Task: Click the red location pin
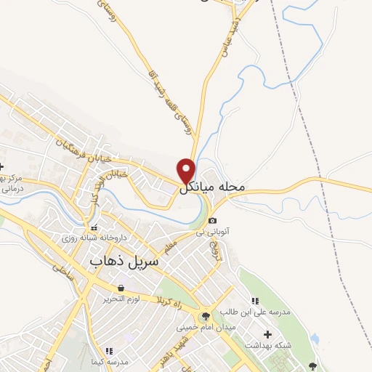pos(187,170)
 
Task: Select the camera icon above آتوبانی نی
pos(212,221)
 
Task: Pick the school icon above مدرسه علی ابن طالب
pos(254,301)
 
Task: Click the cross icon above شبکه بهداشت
pos(268,334)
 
